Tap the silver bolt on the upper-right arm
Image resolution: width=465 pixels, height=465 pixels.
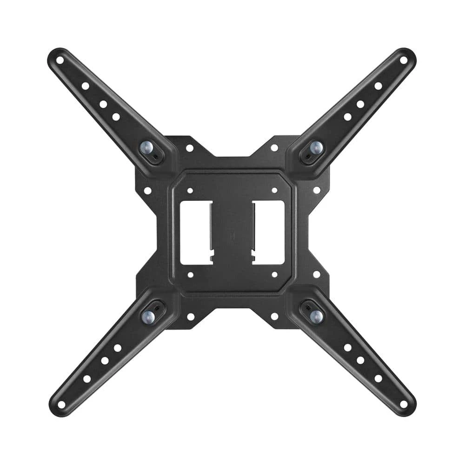(316, 148)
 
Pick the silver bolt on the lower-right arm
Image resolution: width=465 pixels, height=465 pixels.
(316, 316)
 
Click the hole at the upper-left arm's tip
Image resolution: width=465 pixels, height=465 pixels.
(60, 60)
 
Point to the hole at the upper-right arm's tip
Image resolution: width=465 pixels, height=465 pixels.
(404, 60)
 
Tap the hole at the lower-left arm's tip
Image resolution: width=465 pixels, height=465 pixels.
(61, 404)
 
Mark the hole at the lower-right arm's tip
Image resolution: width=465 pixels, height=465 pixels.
(403, 404)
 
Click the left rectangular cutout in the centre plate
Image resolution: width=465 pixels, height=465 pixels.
(196, 232)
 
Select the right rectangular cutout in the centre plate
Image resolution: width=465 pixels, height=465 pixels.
(269, 232)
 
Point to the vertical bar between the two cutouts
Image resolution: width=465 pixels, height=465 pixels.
(232, 232)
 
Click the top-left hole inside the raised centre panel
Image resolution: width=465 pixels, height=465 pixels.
(190, 190)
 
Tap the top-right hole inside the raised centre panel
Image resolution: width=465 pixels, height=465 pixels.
(274, 190)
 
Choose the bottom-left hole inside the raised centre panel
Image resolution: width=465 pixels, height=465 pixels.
(190, 275)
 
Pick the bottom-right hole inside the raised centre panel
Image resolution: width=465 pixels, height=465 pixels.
(274, 275)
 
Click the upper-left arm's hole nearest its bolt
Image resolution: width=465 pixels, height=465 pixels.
(116, 117)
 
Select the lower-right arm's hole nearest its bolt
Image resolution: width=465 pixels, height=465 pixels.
(347, 347)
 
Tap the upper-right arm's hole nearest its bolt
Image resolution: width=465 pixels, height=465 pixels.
(347, 117)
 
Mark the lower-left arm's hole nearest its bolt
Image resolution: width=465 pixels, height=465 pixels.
(117, 347)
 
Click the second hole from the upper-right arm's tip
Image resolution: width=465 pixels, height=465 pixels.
(378, 86)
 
